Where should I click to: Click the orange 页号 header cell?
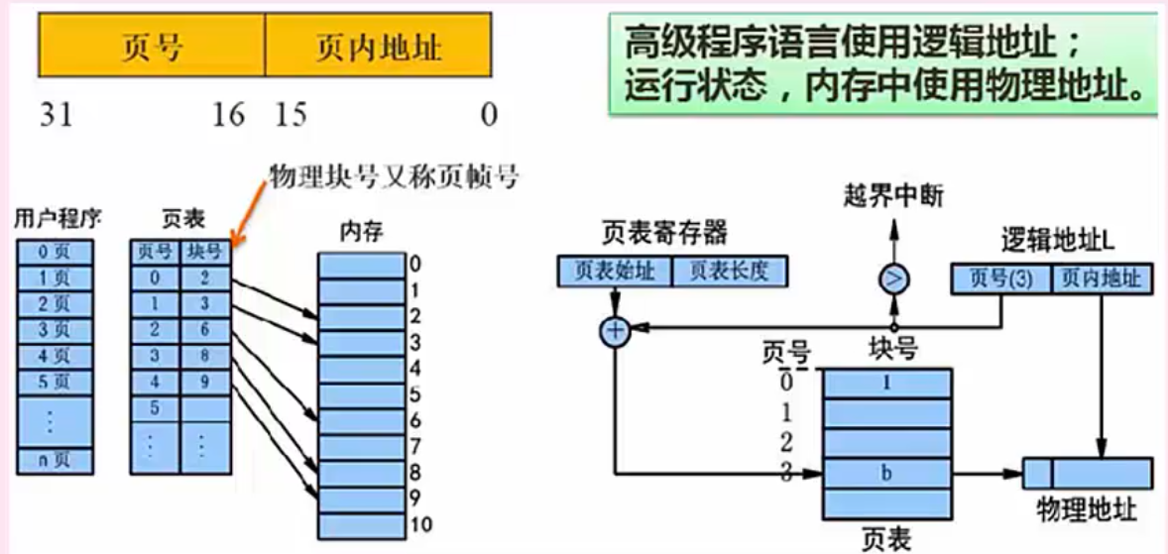(x=152, y=46)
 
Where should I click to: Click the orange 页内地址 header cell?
(x=378, y=46)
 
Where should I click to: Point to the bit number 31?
(x=57, y=115)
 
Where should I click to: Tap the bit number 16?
(x=227, y=115)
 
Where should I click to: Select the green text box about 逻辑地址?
(x=882, y=64)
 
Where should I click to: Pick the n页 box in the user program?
(x=56, y=461)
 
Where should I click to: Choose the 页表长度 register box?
(x=729, y=271)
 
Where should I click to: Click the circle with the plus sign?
(x=616, y=332)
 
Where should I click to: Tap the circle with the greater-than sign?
(x=893, y=279)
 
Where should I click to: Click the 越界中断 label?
(x=891, y=197)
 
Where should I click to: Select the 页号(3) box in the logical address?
(x=1000, y=279)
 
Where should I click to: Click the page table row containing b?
(x=887, y=474)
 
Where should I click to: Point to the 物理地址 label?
(x=1087, y=510)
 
